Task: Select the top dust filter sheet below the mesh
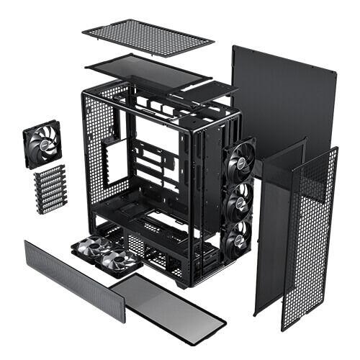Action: [x=148, y=69]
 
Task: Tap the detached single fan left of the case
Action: [x=42, y=145]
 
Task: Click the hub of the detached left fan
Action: [x=42, y=145]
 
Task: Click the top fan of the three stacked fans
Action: [x=238, y=163]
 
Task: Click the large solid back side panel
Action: [x=284, y=101]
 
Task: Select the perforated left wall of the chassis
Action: [x=101, y=158]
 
